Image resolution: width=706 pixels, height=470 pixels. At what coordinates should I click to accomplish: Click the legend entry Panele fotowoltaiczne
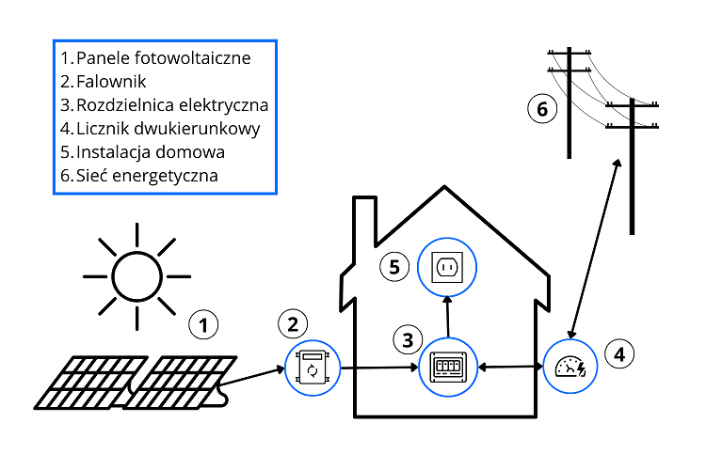pyautogui.click(x=163, y=58)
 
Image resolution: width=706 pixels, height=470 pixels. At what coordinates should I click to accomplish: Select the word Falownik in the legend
pyautogui.click(x=111, y=81)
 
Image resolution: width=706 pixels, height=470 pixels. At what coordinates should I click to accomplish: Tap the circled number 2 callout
pyautogui.click(x=293, y=324)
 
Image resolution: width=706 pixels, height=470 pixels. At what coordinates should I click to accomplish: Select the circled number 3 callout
pyautogui.click(x=407, y=338)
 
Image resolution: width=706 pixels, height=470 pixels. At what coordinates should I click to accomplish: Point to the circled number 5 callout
pyautogui.click(x=394, y=267)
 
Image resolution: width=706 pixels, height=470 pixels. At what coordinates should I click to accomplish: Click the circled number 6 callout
pyautogui.click(x=541, y=110)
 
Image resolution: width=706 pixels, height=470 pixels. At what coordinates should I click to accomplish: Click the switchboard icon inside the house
pyautogui.click(x=447, y=367)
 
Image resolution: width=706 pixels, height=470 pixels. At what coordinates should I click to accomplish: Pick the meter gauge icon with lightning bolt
pyautogui.click(x=571, y=367)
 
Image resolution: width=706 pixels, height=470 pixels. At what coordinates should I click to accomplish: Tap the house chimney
pyautogui.click(x=365, y=230)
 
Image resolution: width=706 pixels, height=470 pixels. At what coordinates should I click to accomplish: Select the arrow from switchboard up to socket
pyautogui.click(x=447, y=319)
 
